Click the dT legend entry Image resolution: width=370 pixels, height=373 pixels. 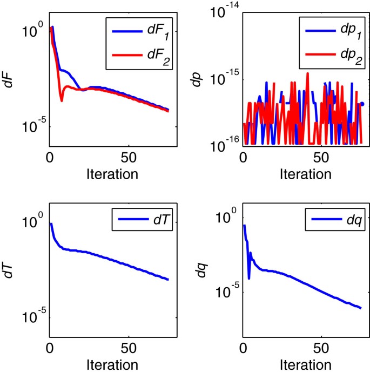(151, 222)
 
